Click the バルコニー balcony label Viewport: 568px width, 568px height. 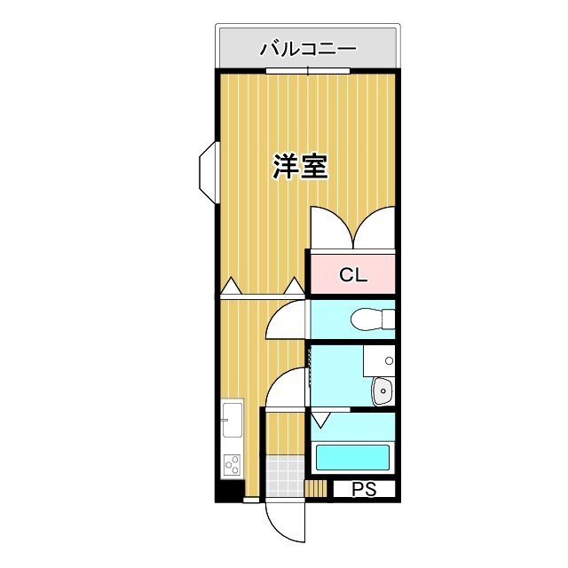tap(307, 49)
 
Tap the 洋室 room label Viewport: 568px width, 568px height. tap(300, 166)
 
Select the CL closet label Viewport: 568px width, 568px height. tap(352, 275)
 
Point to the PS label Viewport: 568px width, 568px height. tap(364, 489)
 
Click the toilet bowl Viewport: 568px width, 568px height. tap(372, 318)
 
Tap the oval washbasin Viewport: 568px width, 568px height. tap(383, 389)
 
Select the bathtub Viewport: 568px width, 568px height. tap(353, 458)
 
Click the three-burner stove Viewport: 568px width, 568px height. tap(232, 464)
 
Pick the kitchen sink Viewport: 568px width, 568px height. tap(232, 419)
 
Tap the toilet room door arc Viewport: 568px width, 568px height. tap(286, 320)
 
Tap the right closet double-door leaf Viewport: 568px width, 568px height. tap(375, 227)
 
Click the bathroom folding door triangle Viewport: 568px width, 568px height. tap(319, 419)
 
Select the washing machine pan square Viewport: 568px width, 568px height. tap(379, 359)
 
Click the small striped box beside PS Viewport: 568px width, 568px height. tap(316, 489)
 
